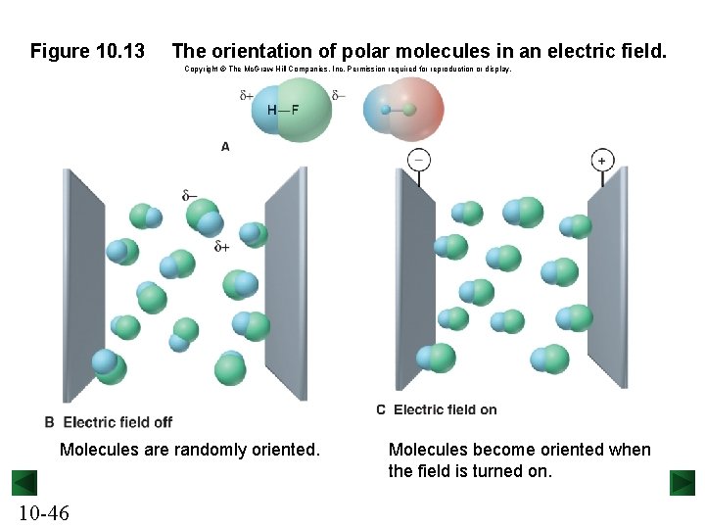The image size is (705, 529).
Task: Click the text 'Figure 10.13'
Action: [x=87, y=50]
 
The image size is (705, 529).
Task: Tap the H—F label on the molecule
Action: [x=283, y=109]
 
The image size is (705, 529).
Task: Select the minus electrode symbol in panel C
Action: [x=418, y=160]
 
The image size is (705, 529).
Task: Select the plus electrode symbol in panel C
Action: [x=601, y=160]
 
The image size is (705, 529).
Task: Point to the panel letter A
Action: [x=225, y=146]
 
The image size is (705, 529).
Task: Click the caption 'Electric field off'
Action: [x=117, y=422]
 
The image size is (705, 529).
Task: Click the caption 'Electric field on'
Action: [x=445, y=409]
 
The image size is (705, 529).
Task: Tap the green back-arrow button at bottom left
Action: [x=24, y=483]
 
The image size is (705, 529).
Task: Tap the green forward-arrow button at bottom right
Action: [x=682, y=483]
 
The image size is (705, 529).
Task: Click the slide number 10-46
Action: [x=43, y=512]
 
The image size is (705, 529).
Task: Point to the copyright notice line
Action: [x=348, y=70]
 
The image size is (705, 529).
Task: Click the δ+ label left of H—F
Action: [x=246, y=95]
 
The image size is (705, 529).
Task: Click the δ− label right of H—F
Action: [x=338, y=95]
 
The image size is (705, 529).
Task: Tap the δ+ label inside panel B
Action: [x=222, y=247]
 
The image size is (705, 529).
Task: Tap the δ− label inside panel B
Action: [x=189, y=196]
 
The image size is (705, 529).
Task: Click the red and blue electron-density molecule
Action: [x=402, y=108]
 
